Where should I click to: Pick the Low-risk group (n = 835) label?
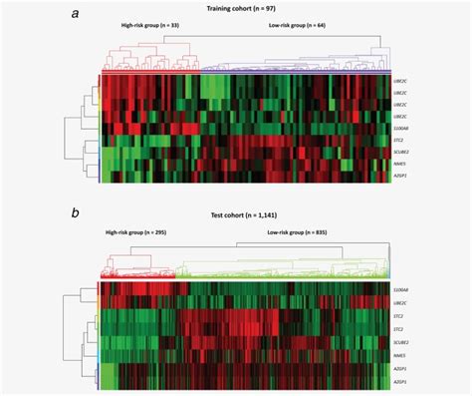[x=299, y=231]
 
